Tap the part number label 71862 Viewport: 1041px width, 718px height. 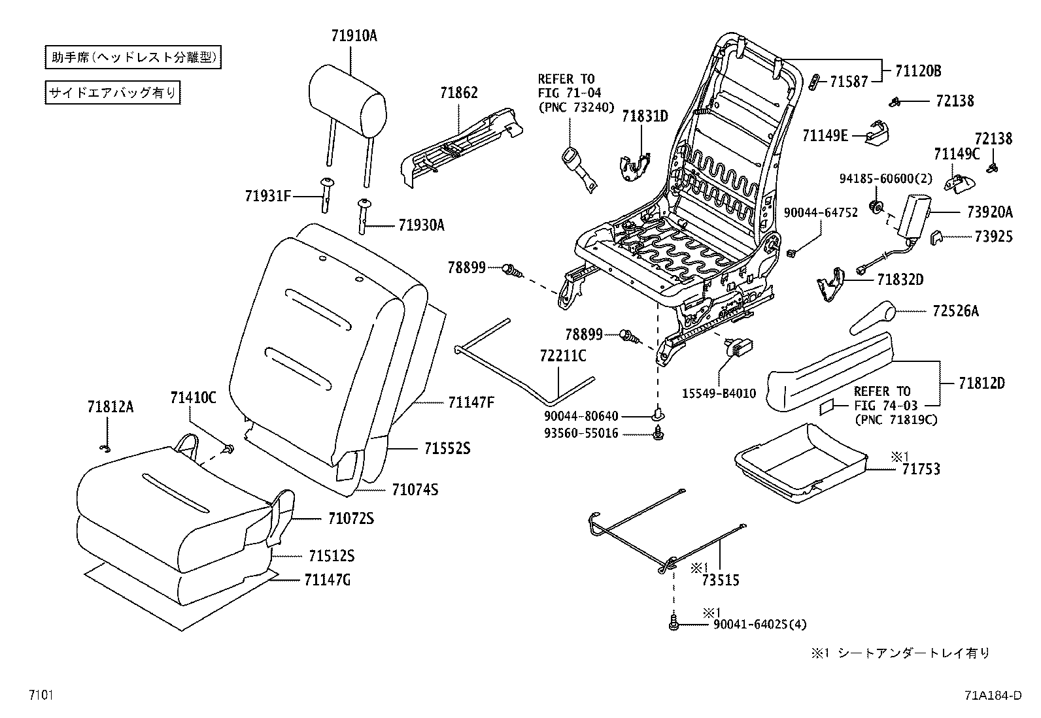[459, 93]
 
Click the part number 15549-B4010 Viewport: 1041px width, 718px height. [719, 393]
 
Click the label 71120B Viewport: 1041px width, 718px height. [918, 71]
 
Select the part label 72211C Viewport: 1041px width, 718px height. [563, 356]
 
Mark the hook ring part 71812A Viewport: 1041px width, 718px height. [105, 448]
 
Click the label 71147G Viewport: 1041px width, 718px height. [327, 579]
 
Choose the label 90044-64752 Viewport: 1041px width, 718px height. [821, 213]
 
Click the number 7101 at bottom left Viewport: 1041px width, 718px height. [40, 695]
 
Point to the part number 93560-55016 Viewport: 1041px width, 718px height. [581, 433]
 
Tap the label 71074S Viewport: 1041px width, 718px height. [415, 489]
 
